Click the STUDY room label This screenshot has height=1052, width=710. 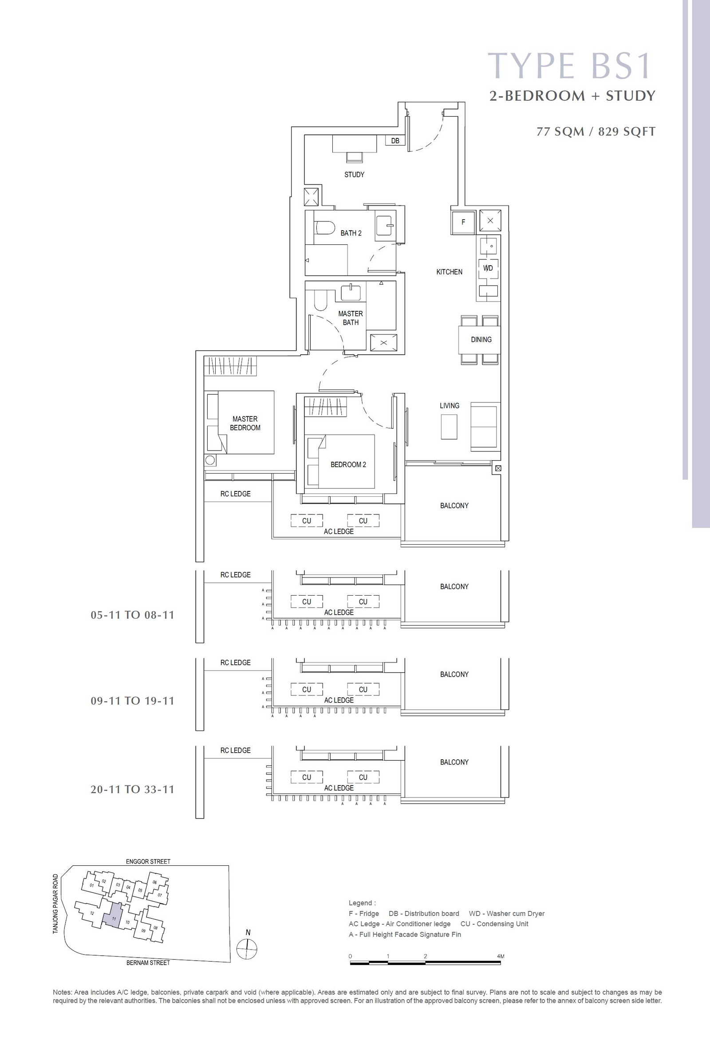tap(354, 175)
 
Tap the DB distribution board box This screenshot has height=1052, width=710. tap(395, 141)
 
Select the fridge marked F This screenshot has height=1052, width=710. tap(463, 222)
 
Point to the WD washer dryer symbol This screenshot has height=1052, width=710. tap(488, 268)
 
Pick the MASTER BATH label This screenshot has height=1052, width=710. tap(351, 318)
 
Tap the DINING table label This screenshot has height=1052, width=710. tap(481, 339)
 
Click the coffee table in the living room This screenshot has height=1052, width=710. tap(449, 427)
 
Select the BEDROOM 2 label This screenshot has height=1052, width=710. tap(348, 465)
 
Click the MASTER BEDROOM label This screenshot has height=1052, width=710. tap(245, 424)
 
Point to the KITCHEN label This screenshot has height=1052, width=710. tap(449, 272)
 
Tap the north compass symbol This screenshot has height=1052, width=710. tap(247, 948)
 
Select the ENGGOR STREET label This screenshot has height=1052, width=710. tap(148, 861)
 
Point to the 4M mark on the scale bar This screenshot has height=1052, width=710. tap(501, 956)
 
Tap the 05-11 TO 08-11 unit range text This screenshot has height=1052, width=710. tap(132, 615)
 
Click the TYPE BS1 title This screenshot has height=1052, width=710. tap(570, 66)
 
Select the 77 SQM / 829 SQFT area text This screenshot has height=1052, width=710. tap(596, 132)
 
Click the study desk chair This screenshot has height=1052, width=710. tap(354, 157)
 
